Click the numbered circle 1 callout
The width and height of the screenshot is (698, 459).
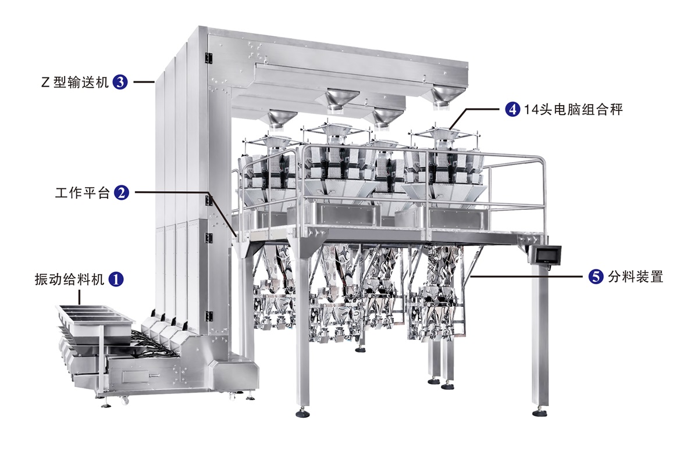click(x=116, y=279)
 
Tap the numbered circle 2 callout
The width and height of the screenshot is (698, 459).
click(x=121, y=193)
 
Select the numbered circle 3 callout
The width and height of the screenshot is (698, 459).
click(x=120, y=82)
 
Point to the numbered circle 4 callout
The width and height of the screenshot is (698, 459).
click(x=512, y=109)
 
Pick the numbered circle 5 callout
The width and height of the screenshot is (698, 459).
click(x=596, y=276)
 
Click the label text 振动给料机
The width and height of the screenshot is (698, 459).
click(x=69, y=279)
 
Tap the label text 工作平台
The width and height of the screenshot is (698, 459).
click(x=83, y=193)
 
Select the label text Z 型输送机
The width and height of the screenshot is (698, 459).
click(x=75, y=83)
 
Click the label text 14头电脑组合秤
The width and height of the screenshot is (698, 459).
click(x=574, y=110)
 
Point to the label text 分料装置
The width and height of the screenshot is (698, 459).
click(x=636, y=277)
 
